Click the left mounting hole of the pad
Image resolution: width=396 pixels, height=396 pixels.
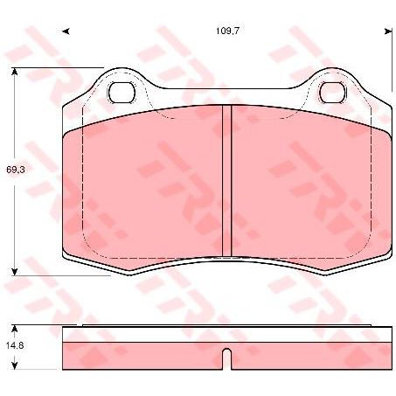point(120,91)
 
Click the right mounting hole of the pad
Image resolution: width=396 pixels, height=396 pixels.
point(332,91)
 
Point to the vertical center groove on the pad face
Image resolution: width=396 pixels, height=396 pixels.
point(226,175)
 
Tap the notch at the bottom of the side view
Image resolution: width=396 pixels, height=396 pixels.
point(226,358)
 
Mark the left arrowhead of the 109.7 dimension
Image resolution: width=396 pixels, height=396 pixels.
point(66,31)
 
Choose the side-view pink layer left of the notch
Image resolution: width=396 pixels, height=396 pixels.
point(140,353)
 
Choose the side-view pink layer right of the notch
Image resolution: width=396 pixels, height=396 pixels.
point(310,353)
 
